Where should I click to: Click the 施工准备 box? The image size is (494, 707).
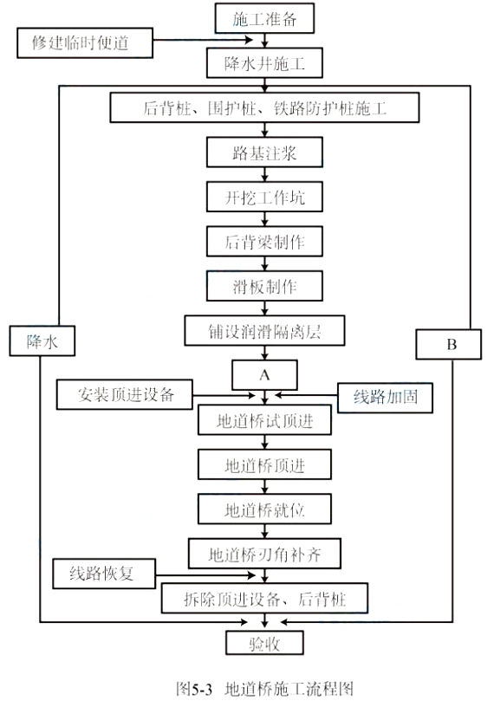(x=264, y=18)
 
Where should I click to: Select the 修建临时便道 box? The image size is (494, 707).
(x=85, y=42)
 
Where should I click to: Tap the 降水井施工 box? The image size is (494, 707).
(x=264, y=63)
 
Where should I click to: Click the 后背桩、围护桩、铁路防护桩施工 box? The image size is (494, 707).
(x=264, y=107)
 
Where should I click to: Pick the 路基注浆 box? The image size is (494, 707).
(x=264, y=152)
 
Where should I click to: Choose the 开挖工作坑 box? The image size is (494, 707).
(x=264, y=197)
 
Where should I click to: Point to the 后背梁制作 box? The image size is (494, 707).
(x=264, y=241)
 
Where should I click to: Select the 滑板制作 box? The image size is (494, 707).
(x=264, y=286)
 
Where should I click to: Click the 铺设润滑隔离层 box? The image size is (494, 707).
(x=264, y=330)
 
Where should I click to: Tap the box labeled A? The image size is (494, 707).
(x=264, y=374)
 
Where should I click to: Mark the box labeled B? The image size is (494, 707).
(x=448, y=344)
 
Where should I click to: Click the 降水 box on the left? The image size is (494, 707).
(x=42, y=341)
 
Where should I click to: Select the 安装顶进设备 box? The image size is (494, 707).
(x=125, y=394)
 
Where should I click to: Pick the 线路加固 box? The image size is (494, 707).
(x=385, y=398)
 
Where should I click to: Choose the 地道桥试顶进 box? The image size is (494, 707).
(x=264, y=419)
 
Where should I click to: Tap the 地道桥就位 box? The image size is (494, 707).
(x=264, y=509)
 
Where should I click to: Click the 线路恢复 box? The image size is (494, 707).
(x=104, y=574)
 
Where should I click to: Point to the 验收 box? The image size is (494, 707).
(x=264, y=643)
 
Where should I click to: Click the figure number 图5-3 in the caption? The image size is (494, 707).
(x=194, y=689)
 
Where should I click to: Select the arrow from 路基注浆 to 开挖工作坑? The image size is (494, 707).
(x=264, y=174)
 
